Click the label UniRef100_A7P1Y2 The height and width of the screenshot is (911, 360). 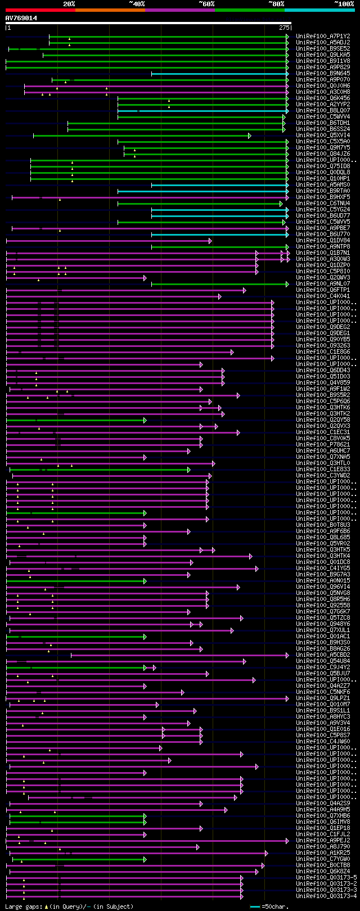(x=323, y=36)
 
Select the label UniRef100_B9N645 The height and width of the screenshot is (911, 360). (x=323, y=73)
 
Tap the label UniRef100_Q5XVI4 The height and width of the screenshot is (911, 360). (x=323, y=135)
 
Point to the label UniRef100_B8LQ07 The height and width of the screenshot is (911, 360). (x=323, y=110)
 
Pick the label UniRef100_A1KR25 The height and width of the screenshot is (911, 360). (x=323, y=853)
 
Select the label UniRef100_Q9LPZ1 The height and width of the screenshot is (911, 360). (x=323, y=698)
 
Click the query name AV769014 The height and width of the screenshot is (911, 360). (x=21, y=18)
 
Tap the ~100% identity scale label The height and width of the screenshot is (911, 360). (x=344, y=4)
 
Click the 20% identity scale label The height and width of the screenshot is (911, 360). (x=69, y=4)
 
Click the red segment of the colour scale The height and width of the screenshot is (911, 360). (x=40, y=10)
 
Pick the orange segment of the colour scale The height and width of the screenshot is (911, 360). (x=110, y=10)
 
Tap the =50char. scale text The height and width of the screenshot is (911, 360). (x=276, y=907)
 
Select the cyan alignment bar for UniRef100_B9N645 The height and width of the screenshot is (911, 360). (x=219, y=74)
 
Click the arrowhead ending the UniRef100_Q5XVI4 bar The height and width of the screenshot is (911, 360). (x=249, y=136)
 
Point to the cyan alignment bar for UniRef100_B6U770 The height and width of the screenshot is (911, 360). (x=219, y=234)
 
